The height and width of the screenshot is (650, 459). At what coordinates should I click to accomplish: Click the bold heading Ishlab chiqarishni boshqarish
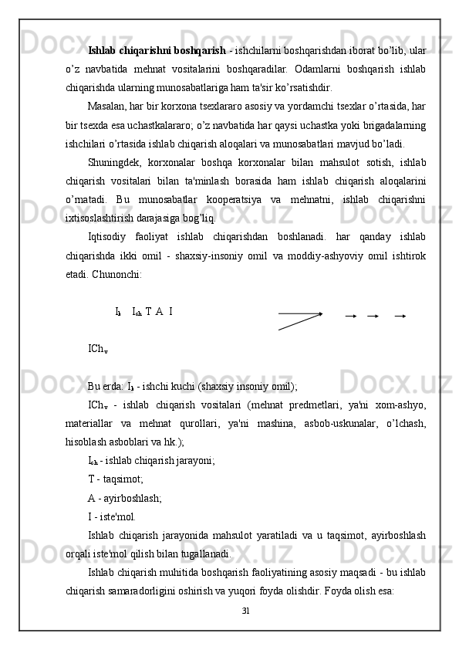coord(157,51)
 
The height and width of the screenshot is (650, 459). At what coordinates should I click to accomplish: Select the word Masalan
coord(110,104)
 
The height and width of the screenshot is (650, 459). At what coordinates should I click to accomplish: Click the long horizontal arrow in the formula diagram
coord(301,313)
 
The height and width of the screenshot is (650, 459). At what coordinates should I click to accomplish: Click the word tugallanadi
coord(200,553)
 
